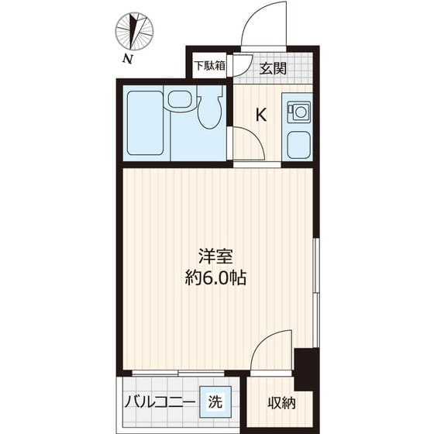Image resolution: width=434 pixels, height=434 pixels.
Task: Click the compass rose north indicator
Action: (x=134, y=32)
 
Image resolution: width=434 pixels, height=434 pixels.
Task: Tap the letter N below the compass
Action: (x=127, y=59)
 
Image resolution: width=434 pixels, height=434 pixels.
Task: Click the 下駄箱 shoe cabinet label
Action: (x=209, y=66)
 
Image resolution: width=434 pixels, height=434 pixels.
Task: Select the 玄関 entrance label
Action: (x=273, y=68)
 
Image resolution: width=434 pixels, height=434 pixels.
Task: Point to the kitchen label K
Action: (x=261, y=115)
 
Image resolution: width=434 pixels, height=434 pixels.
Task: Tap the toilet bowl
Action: (x=210, y=109)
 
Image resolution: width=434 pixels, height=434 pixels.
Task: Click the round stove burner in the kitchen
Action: (x=300, y=112)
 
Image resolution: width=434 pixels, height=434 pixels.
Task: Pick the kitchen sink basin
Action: (x=298, y=145)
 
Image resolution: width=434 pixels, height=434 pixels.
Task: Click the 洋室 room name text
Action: (x=215, y=257)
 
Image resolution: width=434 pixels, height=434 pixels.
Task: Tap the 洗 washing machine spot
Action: (x=215, y=401)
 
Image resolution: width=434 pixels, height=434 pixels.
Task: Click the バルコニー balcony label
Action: (x=160, y=401)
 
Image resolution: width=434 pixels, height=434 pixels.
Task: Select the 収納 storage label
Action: (x=281, y=403)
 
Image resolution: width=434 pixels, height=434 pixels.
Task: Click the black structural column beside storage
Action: (x=306, y=370)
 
